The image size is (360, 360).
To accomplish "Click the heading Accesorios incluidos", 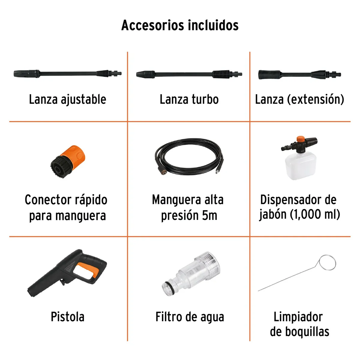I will (x=180, y=25).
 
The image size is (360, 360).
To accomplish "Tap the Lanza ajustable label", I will (x=67, y=100).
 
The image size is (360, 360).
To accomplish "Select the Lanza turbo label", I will (x=189, y=100).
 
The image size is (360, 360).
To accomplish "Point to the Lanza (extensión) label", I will (x=299, y=100).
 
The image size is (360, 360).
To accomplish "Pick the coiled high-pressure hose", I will (x=189, y=156).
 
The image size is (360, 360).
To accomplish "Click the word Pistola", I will (x=67, y=317).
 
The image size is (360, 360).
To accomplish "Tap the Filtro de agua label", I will (x=190, y=317).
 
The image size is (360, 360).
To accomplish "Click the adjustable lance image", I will (x=68, y=73).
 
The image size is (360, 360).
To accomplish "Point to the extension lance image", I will (x=300, y=74).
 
